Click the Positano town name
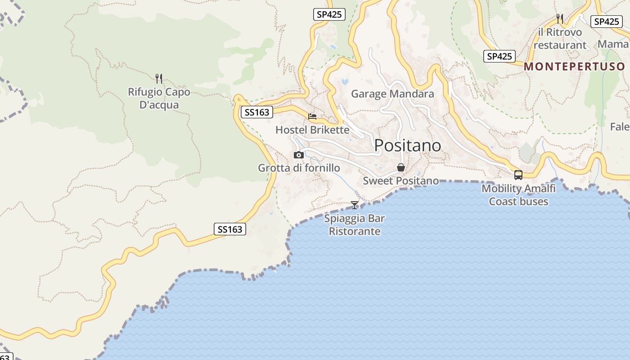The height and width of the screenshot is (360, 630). (x=408, y=145)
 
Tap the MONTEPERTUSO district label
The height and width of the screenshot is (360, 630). (x=575, y=67)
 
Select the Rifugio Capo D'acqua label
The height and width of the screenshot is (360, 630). (x=159, y=99)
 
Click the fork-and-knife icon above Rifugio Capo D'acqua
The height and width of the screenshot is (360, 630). (x=158, y=79)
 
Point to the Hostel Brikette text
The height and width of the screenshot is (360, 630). (x=312, y=130)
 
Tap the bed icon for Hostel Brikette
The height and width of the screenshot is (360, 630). (x=312, y=117)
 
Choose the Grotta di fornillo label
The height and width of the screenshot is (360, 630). (x=299, y=168)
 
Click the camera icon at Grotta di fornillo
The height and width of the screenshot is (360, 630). (x=298, y=155)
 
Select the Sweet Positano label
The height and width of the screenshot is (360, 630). (x=400, y=181)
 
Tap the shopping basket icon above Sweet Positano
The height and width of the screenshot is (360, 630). (x=400, y=167)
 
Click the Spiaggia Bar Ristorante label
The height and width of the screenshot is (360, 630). (x=355, y=225)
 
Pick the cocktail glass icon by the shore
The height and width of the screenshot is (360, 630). (x=355, y=205)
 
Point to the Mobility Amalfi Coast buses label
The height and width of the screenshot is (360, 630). (x=518, y=195)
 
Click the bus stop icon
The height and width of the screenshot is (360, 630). (x=518, y=175)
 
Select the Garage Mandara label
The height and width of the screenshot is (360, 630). (x=392, y=94)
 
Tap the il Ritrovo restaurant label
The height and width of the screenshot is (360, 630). (x=560, y=39)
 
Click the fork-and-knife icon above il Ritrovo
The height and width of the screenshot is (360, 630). (x=560, y=18)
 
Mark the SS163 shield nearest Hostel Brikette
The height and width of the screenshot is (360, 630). (x=257, y=112)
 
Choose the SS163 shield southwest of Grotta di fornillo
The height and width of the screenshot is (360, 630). (x=229, y=229)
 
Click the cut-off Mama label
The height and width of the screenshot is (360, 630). (x=613, y=44)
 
